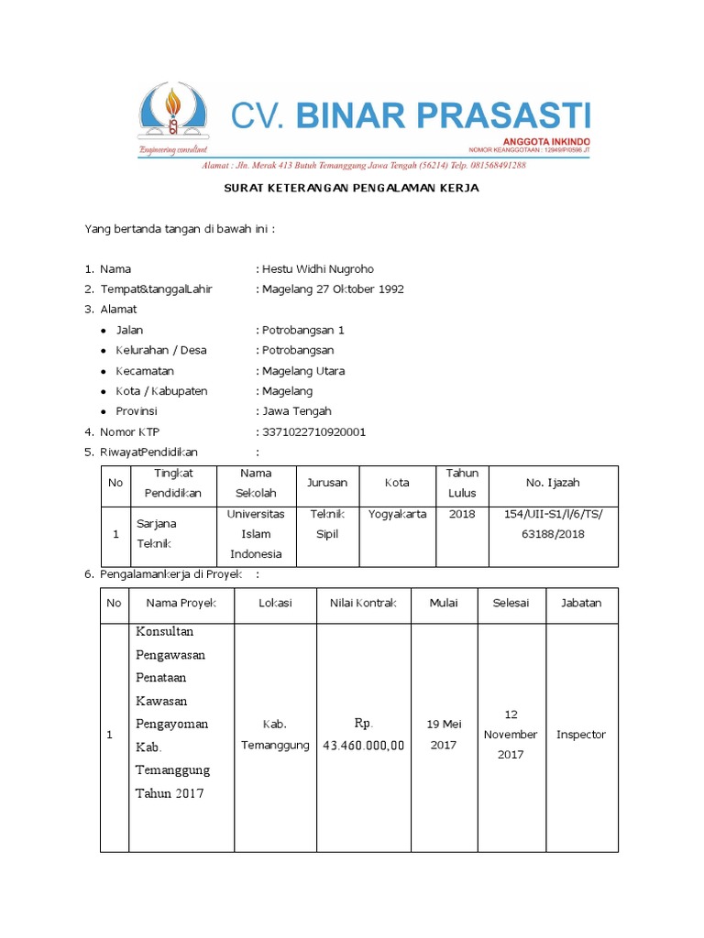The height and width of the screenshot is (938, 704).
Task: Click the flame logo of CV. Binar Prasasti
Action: click(172, 115)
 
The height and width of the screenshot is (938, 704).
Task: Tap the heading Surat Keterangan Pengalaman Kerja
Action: click(352, 188)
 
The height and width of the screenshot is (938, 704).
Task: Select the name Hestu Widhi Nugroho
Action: click(318, 268)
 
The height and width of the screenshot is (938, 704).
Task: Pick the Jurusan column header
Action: click(327, 483)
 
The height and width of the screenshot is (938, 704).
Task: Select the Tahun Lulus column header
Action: click(462, 482)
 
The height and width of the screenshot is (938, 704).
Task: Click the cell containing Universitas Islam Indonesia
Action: click(257, 534)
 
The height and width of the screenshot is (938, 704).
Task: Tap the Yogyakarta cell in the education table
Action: click(397, 514)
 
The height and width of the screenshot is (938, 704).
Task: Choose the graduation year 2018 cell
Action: click(462, 514)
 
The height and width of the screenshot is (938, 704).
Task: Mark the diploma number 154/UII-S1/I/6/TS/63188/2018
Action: click(554, 524)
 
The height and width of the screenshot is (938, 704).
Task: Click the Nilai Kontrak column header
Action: click(363, 603)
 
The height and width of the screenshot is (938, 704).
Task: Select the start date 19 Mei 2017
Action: click(443, 735)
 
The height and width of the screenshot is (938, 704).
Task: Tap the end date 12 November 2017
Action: click(511, 734)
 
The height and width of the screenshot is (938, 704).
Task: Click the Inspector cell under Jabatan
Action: click(581, 735)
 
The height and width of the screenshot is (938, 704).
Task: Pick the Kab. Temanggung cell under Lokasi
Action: click(275, 735)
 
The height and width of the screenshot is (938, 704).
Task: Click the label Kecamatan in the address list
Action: click(144, 371)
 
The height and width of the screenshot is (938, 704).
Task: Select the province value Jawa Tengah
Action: click(297, 411)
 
